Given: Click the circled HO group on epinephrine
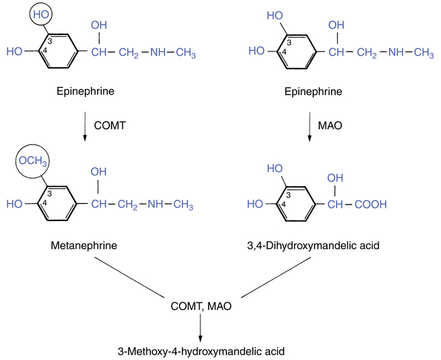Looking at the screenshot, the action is (41, 14).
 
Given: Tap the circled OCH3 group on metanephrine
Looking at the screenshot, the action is (32, 161).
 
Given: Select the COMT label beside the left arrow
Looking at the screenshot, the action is (109, 125).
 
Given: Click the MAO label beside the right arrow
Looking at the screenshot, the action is (330, 125).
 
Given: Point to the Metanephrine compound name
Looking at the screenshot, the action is (84, 246).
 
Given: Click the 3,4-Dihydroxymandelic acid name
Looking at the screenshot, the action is (313, 246).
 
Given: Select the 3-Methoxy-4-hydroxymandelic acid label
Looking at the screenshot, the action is (201, 351).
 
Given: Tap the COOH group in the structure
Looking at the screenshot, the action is (371, 205).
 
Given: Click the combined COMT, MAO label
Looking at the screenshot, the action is (201, 306).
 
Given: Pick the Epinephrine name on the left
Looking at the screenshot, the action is (85, 91).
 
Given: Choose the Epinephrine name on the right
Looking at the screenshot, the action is (313, 92).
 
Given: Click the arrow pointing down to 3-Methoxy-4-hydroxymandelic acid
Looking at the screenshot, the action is (200, 327).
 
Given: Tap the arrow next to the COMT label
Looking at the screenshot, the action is (85, 127).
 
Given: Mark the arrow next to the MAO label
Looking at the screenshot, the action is (309, 127).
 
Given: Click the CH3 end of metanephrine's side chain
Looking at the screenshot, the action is (183, 205).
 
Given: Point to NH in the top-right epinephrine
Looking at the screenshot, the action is (397, 52).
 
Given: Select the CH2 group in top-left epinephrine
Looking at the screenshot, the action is (129, 53).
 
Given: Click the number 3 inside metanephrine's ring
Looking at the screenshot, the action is (49, 194).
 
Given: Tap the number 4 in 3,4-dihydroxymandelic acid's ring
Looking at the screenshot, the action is (284, 205).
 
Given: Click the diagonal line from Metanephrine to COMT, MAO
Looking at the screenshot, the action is (129, 277).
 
